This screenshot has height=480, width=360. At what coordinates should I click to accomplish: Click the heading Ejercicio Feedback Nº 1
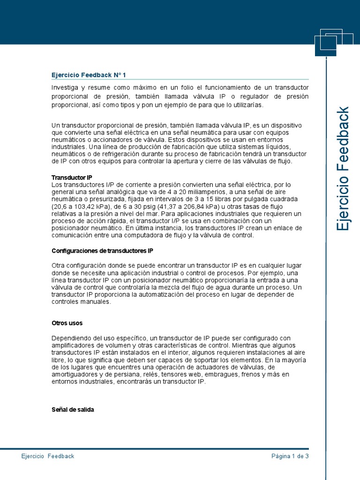coord(89,75)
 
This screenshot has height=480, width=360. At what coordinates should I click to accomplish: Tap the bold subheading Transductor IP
coord(72,178)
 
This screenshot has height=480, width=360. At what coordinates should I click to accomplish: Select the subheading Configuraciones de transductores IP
coord(102,251)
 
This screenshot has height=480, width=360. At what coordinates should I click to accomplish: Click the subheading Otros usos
coord(67,323)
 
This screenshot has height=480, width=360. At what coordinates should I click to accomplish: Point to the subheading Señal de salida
coord(73,409)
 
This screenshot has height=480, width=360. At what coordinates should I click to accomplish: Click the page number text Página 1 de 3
coord(290,456)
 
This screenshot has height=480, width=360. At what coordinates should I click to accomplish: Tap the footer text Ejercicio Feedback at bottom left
coord(48,456)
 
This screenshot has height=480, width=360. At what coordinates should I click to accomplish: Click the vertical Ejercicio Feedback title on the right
coord(344,169)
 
